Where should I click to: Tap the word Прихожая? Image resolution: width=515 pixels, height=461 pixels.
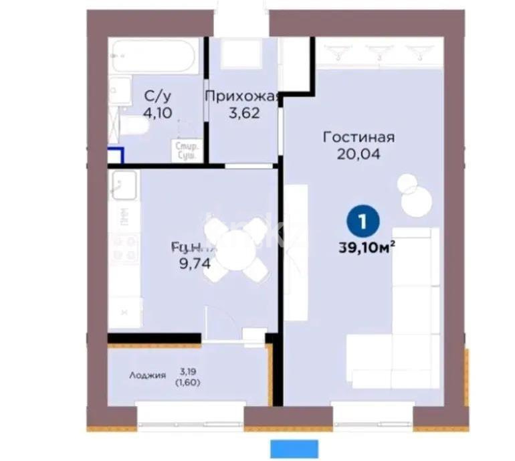coord(241,96)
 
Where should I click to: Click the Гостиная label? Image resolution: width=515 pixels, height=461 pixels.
coord(358,137)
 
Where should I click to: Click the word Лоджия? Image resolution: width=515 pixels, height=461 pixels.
coord(147,375)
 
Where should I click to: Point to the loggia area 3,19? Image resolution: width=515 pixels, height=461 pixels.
coord(187,369)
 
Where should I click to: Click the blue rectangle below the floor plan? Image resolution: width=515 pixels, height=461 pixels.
coord(293,448)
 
